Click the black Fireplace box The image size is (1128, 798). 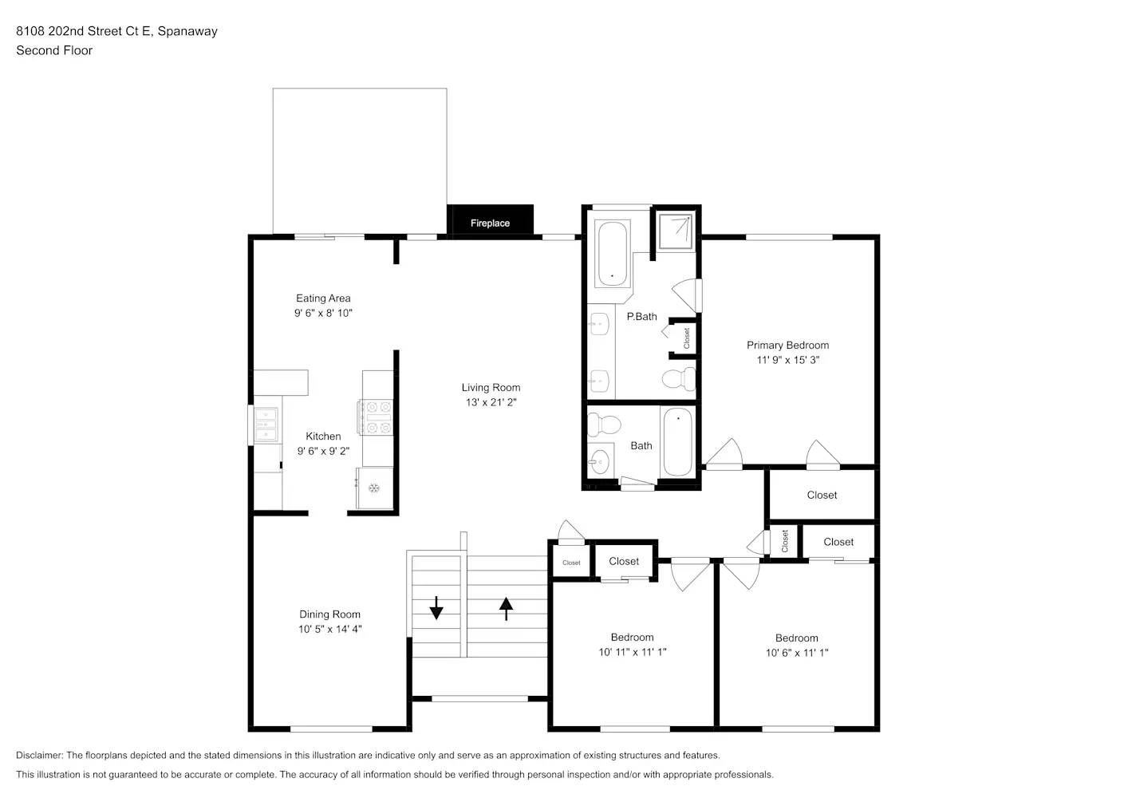[490, 221]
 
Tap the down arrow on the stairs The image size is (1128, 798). [436, 608]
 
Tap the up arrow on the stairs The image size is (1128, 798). [506, 608]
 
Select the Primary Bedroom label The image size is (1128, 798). [787, 345]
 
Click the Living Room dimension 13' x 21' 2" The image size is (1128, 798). [491, 402]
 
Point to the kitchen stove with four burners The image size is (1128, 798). [377, 417]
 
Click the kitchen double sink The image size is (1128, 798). [266, 425]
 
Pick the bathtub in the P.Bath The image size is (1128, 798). [613, 253]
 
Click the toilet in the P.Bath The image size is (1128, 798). [679, 378]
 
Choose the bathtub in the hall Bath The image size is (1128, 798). [677, 441]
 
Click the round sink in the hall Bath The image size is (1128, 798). [599, 460]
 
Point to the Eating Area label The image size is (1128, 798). [323, 298]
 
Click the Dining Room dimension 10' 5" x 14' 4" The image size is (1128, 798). [329, 629]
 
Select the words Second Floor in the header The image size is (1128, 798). [54, 50]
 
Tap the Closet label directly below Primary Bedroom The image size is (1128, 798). [822, 495]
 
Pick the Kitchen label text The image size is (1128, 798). [323, 436]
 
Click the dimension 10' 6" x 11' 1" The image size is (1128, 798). [797, 653]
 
